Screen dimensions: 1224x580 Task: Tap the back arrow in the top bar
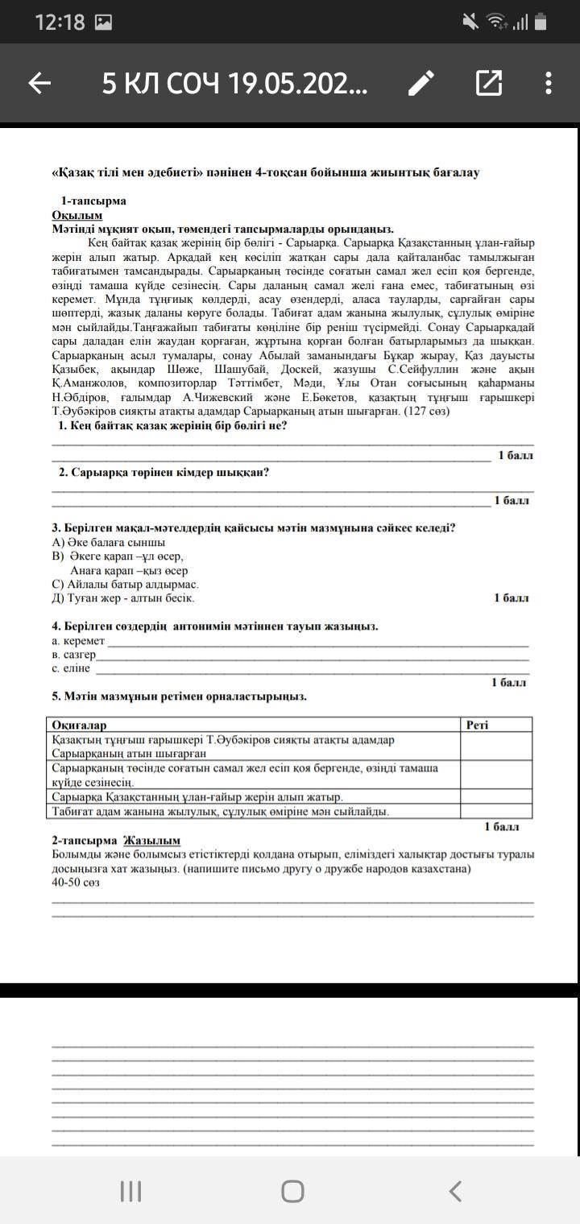[39, 83]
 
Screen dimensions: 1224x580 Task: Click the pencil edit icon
[420, 83]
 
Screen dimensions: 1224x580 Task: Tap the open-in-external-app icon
[488, 83]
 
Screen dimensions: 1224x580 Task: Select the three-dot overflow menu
[549, 83]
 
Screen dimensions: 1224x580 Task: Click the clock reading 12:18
[60, 23]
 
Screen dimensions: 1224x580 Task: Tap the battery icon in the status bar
[541, 23]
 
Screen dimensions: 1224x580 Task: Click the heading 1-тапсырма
[93, 201]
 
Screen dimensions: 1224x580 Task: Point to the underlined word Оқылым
[77, 215]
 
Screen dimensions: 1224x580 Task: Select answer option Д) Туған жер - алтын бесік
[123, 598]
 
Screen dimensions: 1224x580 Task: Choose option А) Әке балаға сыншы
[109, 542]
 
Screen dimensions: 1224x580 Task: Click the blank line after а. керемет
[317, 642]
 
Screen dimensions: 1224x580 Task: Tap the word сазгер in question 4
[78, 655]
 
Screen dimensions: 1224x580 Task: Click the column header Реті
[478, 725]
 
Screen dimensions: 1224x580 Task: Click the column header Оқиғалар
[79, 725]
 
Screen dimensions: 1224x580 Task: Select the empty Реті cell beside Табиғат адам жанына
[495, 811]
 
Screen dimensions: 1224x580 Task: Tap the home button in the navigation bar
[292, 1191]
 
